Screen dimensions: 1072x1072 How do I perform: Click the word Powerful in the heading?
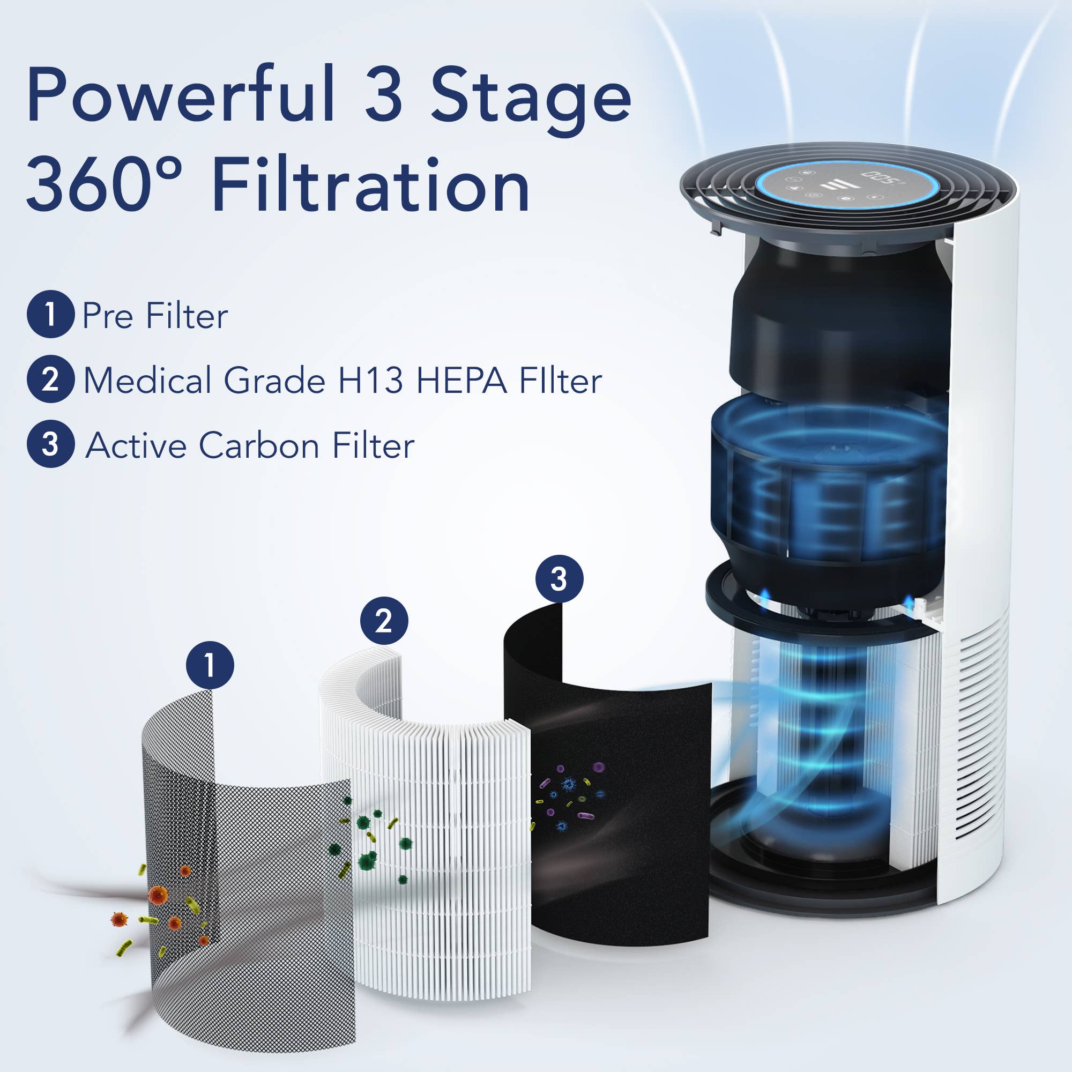click(x=180, y=94)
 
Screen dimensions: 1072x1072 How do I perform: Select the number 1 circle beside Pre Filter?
click(x=50, y=314)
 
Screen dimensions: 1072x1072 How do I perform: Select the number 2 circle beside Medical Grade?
click(x=50, y=379)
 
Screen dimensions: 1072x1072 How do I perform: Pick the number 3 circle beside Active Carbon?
click(x=50, y=444)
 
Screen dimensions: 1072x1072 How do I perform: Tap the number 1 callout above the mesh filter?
click(x=210, y=665)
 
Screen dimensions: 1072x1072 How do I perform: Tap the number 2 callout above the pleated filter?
click(x=384, y=620)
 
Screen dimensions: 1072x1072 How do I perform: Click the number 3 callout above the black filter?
click(x=559, y=579)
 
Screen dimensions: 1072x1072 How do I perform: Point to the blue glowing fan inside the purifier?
click(x=827, y=477)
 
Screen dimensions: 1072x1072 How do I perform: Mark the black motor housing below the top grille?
click(x=838, y=316)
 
